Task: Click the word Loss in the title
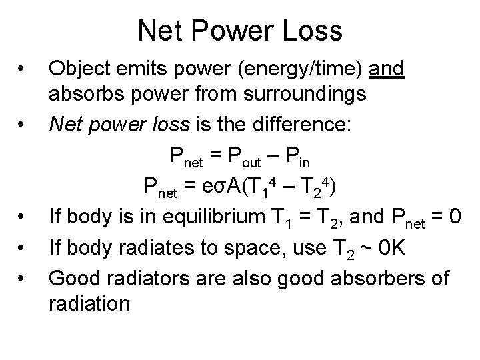pos(312,31)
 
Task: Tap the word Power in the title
pos(233,31)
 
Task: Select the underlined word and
pos(386,68)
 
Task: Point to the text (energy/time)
pos(300,69)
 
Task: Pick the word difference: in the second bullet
pos(301,125)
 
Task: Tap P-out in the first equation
pos(245,157)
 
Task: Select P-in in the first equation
pos(298,157)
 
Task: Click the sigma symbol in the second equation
pos(220,187)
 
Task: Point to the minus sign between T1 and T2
pos(288,187)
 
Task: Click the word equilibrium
pos(214,217)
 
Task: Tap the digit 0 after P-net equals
pos(455,217)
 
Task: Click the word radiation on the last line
pos(89,304)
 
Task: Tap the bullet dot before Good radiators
pos(21,278)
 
